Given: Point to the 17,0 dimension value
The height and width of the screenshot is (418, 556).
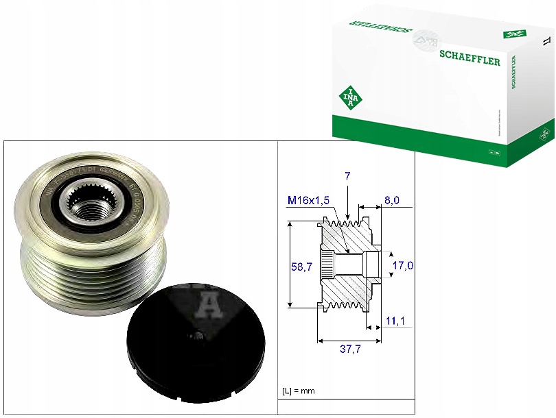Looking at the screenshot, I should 403,265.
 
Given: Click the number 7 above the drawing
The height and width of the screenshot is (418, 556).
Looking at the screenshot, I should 348,176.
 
